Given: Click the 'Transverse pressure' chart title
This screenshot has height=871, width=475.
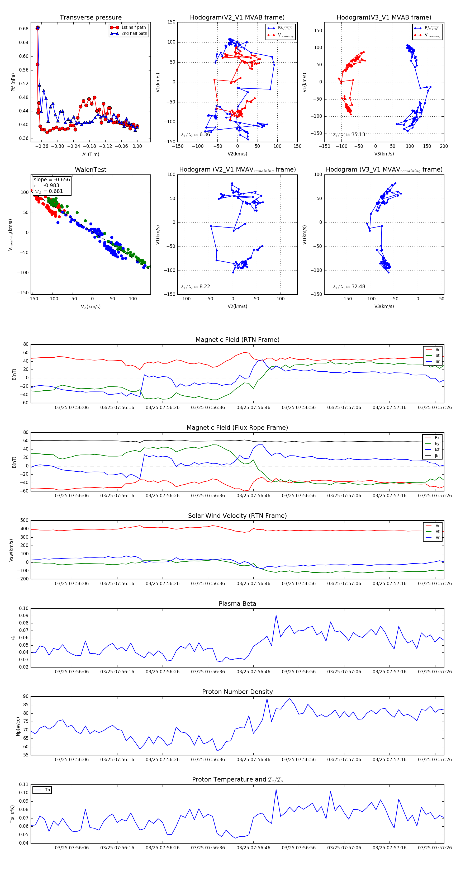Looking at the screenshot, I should point(91,18).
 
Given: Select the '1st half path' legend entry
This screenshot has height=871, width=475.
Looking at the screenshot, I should point(133,27).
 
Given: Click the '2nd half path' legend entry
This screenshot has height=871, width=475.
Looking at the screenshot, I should point(134,34).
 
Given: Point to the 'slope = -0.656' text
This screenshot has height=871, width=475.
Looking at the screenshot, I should point(52,179).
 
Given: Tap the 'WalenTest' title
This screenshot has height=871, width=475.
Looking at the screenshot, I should point(91,170).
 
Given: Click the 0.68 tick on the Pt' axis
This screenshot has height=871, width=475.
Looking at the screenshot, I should point(24,29).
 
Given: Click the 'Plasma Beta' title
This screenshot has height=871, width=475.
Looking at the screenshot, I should point(237,604).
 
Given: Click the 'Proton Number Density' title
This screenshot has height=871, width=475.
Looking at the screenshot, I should point(237,692).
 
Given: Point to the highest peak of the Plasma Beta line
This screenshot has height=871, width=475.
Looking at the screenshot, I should point(276,616).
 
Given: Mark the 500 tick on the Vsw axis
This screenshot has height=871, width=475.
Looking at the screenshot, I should point(24,520).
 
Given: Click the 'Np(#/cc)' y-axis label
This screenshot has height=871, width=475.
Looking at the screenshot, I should point(18,727).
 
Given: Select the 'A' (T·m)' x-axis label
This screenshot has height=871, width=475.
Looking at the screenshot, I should point(91,154).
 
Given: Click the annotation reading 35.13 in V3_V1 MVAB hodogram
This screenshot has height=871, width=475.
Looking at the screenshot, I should point(358,135).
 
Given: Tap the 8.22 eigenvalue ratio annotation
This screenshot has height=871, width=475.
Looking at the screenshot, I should point(204,287).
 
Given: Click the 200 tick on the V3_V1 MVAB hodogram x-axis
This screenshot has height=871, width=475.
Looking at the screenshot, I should point(444,146).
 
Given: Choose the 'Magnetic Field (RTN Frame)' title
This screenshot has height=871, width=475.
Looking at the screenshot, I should point(237,340).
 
